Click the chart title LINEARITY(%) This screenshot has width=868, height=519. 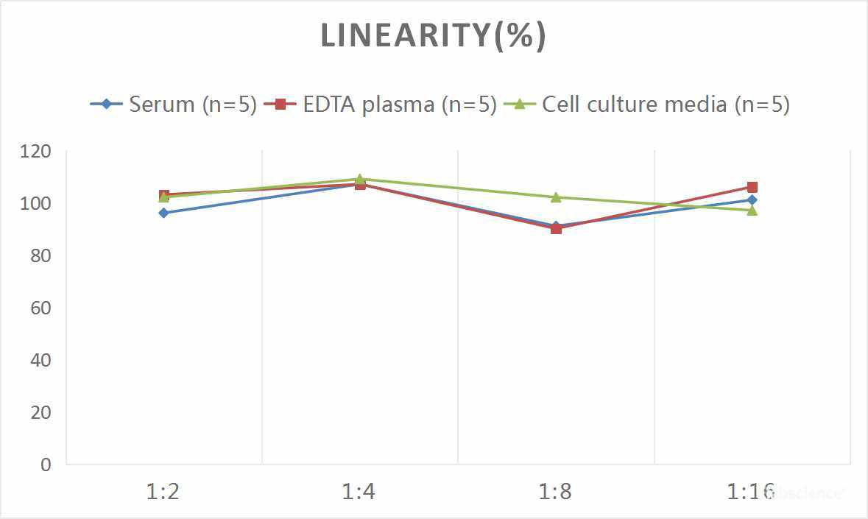point(433,35)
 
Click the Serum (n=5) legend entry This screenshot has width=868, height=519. point(173,105)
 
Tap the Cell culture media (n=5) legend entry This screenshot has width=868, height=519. point(647,105)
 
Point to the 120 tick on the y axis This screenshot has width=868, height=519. point(36,152)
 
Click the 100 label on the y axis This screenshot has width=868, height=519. point(36,204)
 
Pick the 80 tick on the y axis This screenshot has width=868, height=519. point(41,256)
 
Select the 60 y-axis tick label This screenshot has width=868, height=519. point(41,308)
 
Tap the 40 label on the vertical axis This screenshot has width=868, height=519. point(41,361)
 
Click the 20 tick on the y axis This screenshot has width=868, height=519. point(41,413)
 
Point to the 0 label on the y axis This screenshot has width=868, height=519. point(46,465)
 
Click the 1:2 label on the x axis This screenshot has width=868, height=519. point(163,491)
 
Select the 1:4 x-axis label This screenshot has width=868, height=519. point(359,491)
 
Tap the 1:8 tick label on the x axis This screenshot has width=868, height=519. point(555,491)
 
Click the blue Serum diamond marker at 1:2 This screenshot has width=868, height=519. point(163,213)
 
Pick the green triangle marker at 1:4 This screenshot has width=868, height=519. point(360,179)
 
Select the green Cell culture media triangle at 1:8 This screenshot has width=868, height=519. point(556,197)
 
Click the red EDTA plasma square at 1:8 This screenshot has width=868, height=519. point(556,228)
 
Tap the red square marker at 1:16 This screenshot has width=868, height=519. point(752,187)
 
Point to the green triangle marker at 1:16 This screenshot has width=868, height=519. point(752,210)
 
